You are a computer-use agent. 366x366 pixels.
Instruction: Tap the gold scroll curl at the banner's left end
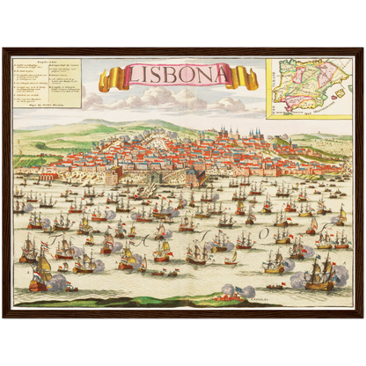[x=106, y=82]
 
